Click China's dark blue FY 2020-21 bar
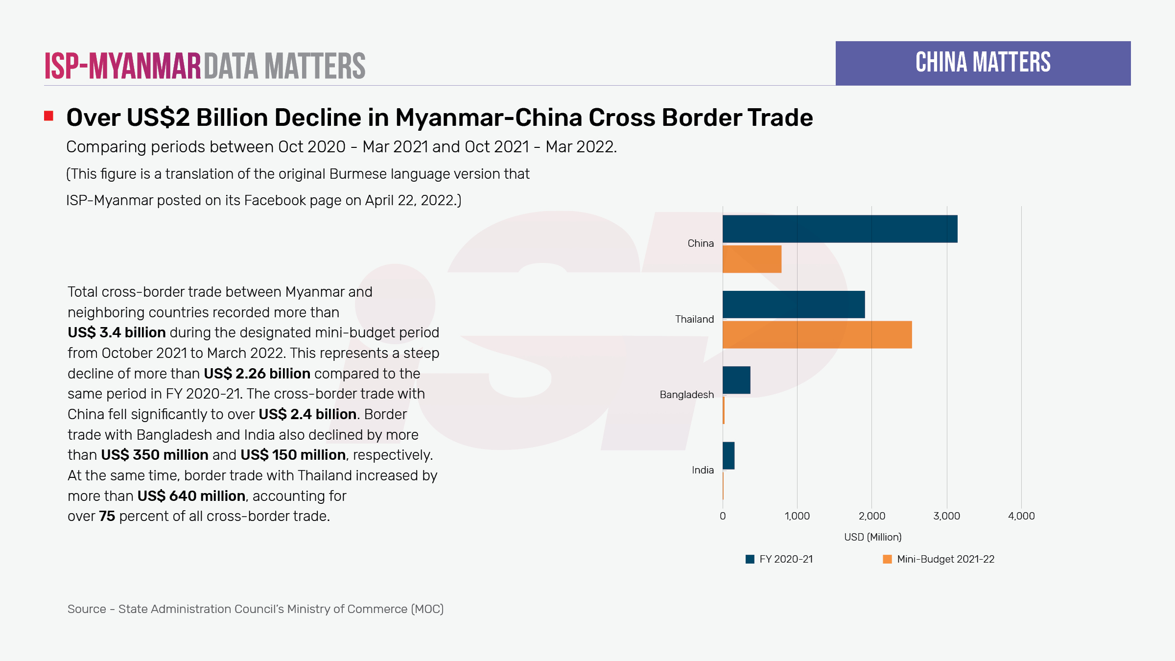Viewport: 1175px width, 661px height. [840, 229]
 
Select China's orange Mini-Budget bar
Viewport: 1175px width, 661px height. [752, 259]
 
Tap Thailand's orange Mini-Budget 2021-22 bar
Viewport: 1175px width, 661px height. [817, 335]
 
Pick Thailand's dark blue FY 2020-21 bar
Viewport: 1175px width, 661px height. [794, 305]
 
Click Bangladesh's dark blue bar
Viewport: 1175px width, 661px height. [736, 380]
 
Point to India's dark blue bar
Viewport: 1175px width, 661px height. [728, 455]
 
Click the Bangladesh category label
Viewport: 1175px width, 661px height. [686, 395]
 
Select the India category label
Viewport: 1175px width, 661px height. [703, 470]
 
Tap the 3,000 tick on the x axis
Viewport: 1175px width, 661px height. [946, 516]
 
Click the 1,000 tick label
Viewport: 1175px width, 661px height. [797, 516]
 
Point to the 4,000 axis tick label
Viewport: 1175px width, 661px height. [1021, 516]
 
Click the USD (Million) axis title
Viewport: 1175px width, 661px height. [872, 537]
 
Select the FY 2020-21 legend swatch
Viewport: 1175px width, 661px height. [750, 559]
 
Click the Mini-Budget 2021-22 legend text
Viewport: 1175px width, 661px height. [945, 559]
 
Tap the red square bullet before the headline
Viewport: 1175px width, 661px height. [48, 116]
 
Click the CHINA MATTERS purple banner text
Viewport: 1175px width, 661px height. [983, 63]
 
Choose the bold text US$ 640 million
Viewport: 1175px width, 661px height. [191, 496]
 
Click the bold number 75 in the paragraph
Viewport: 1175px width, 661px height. [107, 517]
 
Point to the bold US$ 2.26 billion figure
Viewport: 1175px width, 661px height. [257, 374]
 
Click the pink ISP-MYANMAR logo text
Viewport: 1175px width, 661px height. [123, 66]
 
